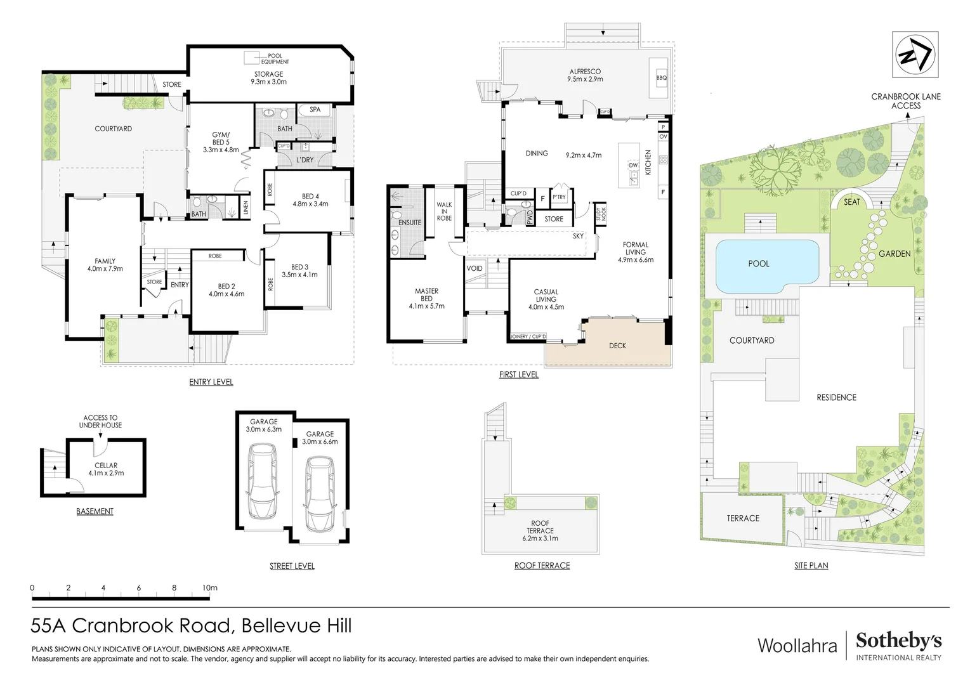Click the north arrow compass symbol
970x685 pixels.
point(915,55)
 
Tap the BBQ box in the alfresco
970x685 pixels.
point(661,78)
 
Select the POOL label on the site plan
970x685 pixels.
point(758,264)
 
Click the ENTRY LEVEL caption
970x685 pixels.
point(211,382)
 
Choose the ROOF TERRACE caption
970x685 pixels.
point(542,566)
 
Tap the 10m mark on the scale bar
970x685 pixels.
point(210,589)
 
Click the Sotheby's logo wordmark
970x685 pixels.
point(898,641)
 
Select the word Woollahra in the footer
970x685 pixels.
point(797,646)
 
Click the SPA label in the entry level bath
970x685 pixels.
point(315,110)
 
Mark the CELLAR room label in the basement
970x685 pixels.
point(106,466)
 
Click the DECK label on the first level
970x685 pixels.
point(617,346)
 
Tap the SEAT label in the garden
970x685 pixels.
point(851,202)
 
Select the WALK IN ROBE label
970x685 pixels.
point(444,212)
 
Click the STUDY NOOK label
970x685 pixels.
point(600,214)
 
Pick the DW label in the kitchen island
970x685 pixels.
point(633,166)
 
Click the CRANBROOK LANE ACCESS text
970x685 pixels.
point(905,101)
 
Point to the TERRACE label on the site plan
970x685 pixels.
point(743,519)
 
